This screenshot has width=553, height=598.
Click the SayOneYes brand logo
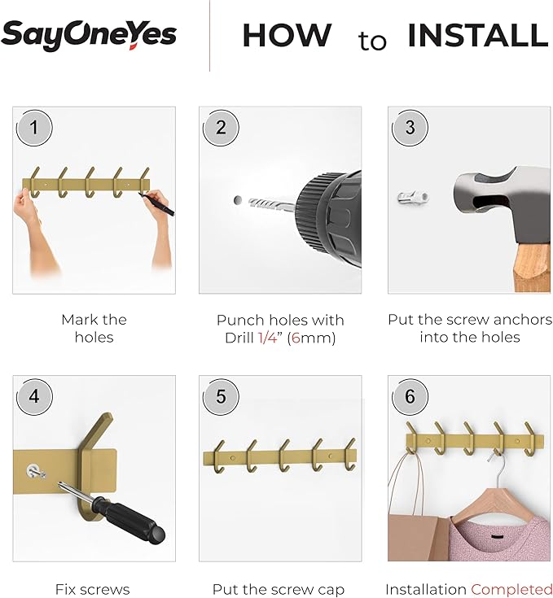coord(89,35)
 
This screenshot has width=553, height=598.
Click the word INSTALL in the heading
coord(478,36)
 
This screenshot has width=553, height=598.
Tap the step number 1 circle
coord(34,128)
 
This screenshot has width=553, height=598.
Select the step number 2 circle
coord(221,128)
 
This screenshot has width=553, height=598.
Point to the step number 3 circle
coord(410,128)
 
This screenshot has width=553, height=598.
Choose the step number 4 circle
coord(34,397)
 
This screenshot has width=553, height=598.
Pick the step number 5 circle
coord(221,397)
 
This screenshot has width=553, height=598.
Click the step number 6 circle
coord(410,397)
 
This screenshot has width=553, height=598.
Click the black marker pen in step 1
coord(156,204)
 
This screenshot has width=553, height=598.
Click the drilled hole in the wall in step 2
coord(237,200)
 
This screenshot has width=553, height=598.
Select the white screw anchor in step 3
coord(413,198)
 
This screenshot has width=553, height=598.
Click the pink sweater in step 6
coord(499,538)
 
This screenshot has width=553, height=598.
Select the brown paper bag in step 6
coord(418,538)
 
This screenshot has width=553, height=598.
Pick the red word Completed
coord(511,590)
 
